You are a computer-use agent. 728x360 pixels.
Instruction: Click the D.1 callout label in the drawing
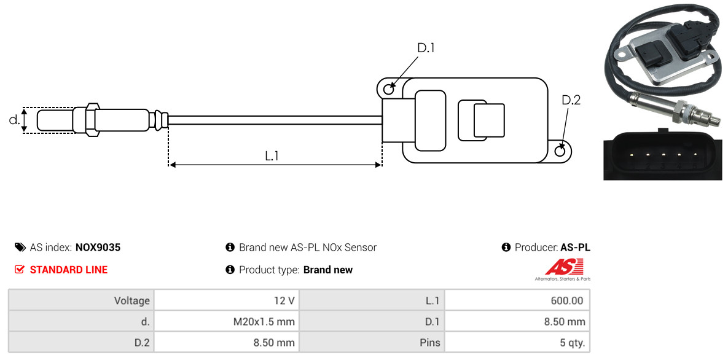tap(426, 48)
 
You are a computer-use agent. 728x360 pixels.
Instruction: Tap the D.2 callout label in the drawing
tap(571, 100)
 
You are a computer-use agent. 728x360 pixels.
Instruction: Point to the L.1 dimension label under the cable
tap(272, 156)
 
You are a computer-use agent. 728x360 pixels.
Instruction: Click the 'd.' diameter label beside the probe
tap(14, 120)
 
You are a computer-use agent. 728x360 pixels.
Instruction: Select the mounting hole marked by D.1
tap(388, 90)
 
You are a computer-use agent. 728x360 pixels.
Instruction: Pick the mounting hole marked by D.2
tap(560, 151)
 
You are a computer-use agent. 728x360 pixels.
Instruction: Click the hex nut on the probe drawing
tap(90, 119)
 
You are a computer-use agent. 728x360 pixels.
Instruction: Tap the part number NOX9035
tap(98, 248)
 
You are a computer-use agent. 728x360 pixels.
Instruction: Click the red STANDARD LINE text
tap(68, 270)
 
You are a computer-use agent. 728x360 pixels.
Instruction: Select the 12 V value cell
tap(226, 300)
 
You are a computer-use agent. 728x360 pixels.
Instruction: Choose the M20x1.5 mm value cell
tap(226, 321)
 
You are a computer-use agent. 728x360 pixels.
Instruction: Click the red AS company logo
tap(563, 267)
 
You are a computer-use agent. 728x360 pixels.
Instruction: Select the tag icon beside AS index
tap(20, 248)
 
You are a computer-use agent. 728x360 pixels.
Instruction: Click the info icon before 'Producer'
tap(506, 248)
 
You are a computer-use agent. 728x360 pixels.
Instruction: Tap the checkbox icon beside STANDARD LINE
tap(20, 270)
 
